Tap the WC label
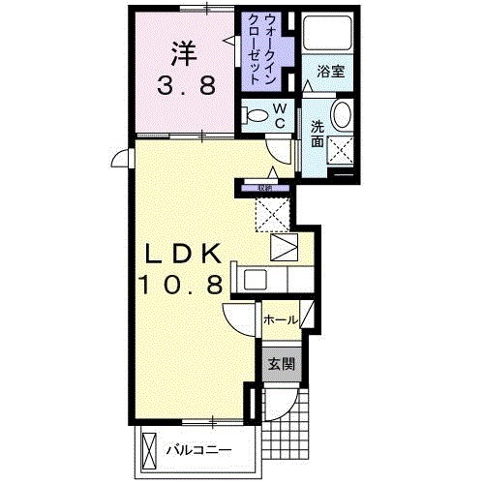coord(278,115)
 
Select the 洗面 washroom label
coord(318,133)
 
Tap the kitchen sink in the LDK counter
coord(255,281)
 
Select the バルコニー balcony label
coord(197,449)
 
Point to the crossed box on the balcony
coord(150,449)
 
